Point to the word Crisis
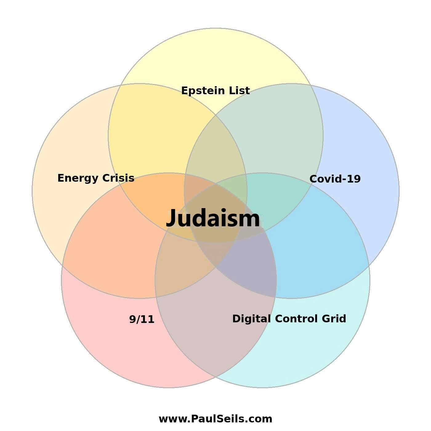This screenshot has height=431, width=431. pyautogui.click(x=118, y=178)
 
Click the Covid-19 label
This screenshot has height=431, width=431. pyautogui.click(x=335, y=179)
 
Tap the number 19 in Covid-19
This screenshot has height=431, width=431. pyautogui.click(x=354, y=179)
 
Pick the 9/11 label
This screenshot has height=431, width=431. pyautogui.click(x=142, y=319)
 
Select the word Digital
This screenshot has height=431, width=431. pyautogui.click(x=252, y=319)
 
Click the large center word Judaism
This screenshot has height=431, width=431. pyautogui.click(x=213, y=218)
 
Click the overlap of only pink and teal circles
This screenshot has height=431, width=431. pyautogui.click(x=215, y=324)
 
